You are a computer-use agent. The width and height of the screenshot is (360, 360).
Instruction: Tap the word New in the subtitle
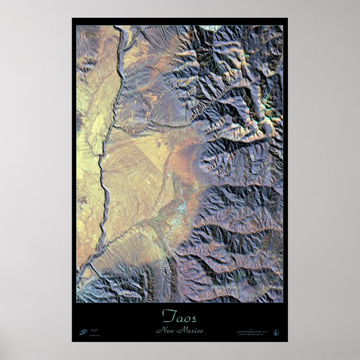tap(165, 330)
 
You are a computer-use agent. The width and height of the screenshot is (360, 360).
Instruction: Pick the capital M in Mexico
tap(180, 330)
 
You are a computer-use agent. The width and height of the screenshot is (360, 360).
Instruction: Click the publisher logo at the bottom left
tap(83, 332)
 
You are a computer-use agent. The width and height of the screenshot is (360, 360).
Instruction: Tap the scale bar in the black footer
tap(252, 333)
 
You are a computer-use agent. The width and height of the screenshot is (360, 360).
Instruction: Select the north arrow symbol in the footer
tap(276, 332)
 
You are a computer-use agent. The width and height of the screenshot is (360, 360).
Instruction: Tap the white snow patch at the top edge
tap(211, 28)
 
